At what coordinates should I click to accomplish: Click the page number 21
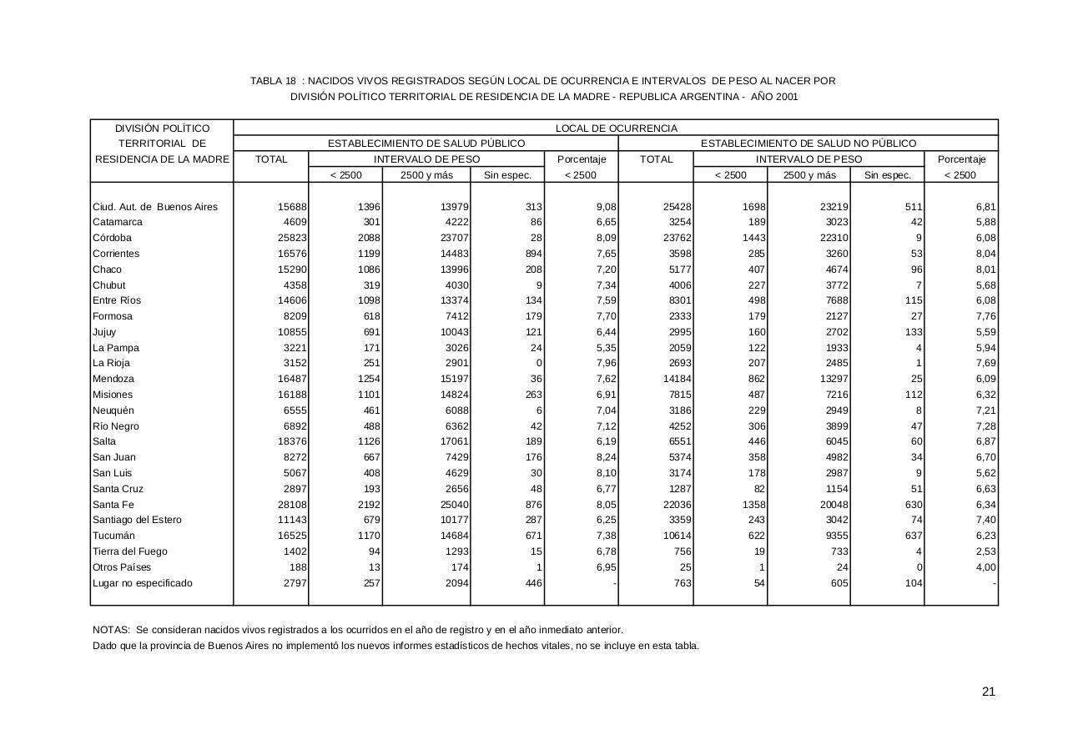tap(989, 691)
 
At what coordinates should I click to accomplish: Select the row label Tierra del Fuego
tap(129, 551)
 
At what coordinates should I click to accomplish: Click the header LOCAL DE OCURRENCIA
tap(616, 128)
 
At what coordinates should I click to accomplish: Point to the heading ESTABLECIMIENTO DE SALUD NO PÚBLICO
tap(808, 143)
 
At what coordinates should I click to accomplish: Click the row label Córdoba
tap(112, 238)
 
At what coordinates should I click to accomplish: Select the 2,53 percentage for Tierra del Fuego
tap(985, 551)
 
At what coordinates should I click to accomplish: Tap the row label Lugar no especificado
tap(142, 583)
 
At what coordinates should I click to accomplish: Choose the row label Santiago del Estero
tap(137, 520)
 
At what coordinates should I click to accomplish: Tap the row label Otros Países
tap(122, 567)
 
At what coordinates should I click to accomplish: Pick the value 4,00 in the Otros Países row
tap(985, 567)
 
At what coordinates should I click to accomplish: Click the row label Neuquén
tap(113, 410)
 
